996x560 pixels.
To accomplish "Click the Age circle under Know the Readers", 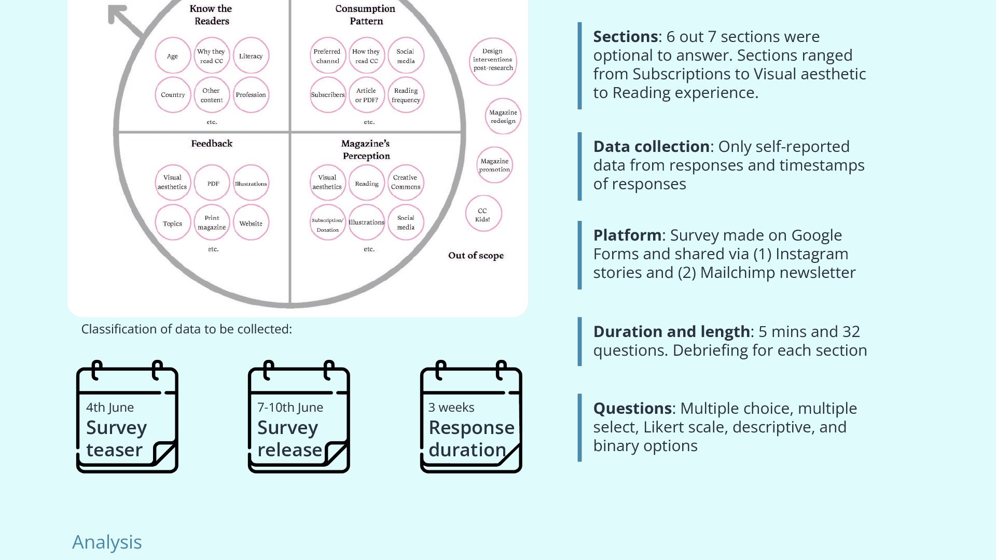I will (173, 56).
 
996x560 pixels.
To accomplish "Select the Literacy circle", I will (251, 56).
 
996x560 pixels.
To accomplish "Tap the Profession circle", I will (251, 95).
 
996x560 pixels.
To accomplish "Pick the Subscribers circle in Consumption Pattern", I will (328, 95).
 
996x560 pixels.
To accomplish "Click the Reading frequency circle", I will (406, 95).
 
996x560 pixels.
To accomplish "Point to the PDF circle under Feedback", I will (213, 184).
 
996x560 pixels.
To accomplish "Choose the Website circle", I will (251, 223).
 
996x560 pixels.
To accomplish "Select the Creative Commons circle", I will (406, 183).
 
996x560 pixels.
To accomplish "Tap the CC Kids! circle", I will (483, 214).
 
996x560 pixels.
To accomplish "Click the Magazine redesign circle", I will (503, 117).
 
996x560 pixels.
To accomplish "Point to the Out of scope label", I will (476, 256).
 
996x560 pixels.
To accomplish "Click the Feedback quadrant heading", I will (212, 144).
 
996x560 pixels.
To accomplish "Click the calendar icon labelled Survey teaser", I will (127, 417).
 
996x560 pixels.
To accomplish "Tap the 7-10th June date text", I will (290, 408).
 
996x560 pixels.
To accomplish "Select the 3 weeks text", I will (451, 408).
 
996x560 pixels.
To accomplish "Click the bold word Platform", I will (627, 235).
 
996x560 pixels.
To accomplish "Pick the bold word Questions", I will (632, 409).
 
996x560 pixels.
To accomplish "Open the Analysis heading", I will (107, 542).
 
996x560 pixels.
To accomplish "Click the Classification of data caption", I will (187, 329).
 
